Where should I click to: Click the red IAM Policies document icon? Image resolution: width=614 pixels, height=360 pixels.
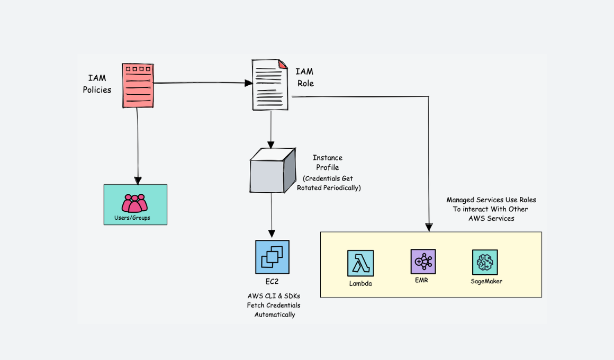point(138,85)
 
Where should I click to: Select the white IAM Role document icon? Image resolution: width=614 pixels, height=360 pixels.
point(270,85)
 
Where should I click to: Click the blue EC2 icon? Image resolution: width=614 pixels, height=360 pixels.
point(272,257)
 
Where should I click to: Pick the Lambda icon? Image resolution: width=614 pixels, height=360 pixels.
point(360,263)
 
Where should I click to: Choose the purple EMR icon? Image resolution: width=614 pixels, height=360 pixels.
point(423,262)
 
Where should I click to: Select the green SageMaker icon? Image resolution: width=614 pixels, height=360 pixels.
point(485,262)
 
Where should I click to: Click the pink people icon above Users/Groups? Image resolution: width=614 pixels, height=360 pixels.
point(134,203)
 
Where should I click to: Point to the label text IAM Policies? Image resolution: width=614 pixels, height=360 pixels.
point(97,84)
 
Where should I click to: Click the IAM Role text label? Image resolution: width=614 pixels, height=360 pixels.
point(304,77)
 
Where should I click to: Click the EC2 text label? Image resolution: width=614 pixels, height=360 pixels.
point(272,281)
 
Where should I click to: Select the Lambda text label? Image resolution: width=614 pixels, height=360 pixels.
point(360,283)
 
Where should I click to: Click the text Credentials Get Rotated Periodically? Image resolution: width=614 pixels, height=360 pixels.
point(328,183)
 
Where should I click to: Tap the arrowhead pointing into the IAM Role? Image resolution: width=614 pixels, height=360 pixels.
point(248,83)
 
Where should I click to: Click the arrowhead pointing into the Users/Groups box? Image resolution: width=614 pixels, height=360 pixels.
point(138,180)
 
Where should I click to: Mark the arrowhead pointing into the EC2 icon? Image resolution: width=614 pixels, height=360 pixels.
point(272,234)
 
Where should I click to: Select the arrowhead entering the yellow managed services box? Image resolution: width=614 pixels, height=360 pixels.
point(429,228)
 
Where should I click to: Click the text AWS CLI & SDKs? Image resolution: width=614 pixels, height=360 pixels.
point(274,295)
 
